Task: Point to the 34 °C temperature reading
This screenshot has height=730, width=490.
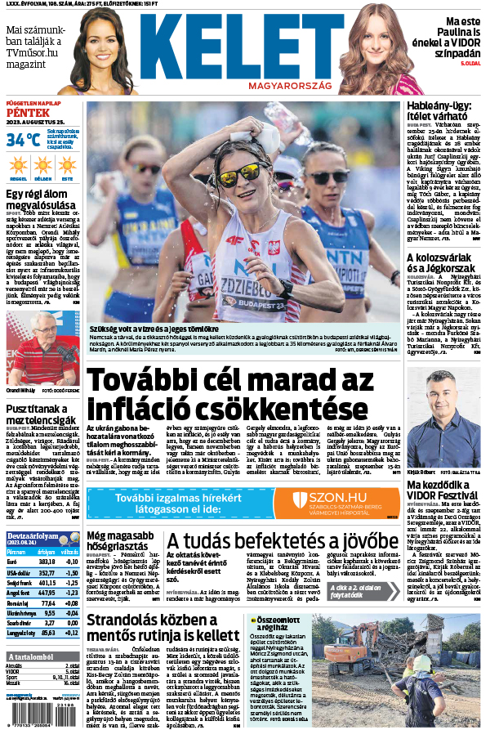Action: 22,140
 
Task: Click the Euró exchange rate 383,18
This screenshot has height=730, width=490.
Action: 47,562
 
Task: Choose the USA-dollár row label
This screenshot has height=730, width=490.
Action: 19,574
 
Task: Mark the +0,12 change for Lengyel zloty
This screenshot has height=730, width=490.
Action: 71,633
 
